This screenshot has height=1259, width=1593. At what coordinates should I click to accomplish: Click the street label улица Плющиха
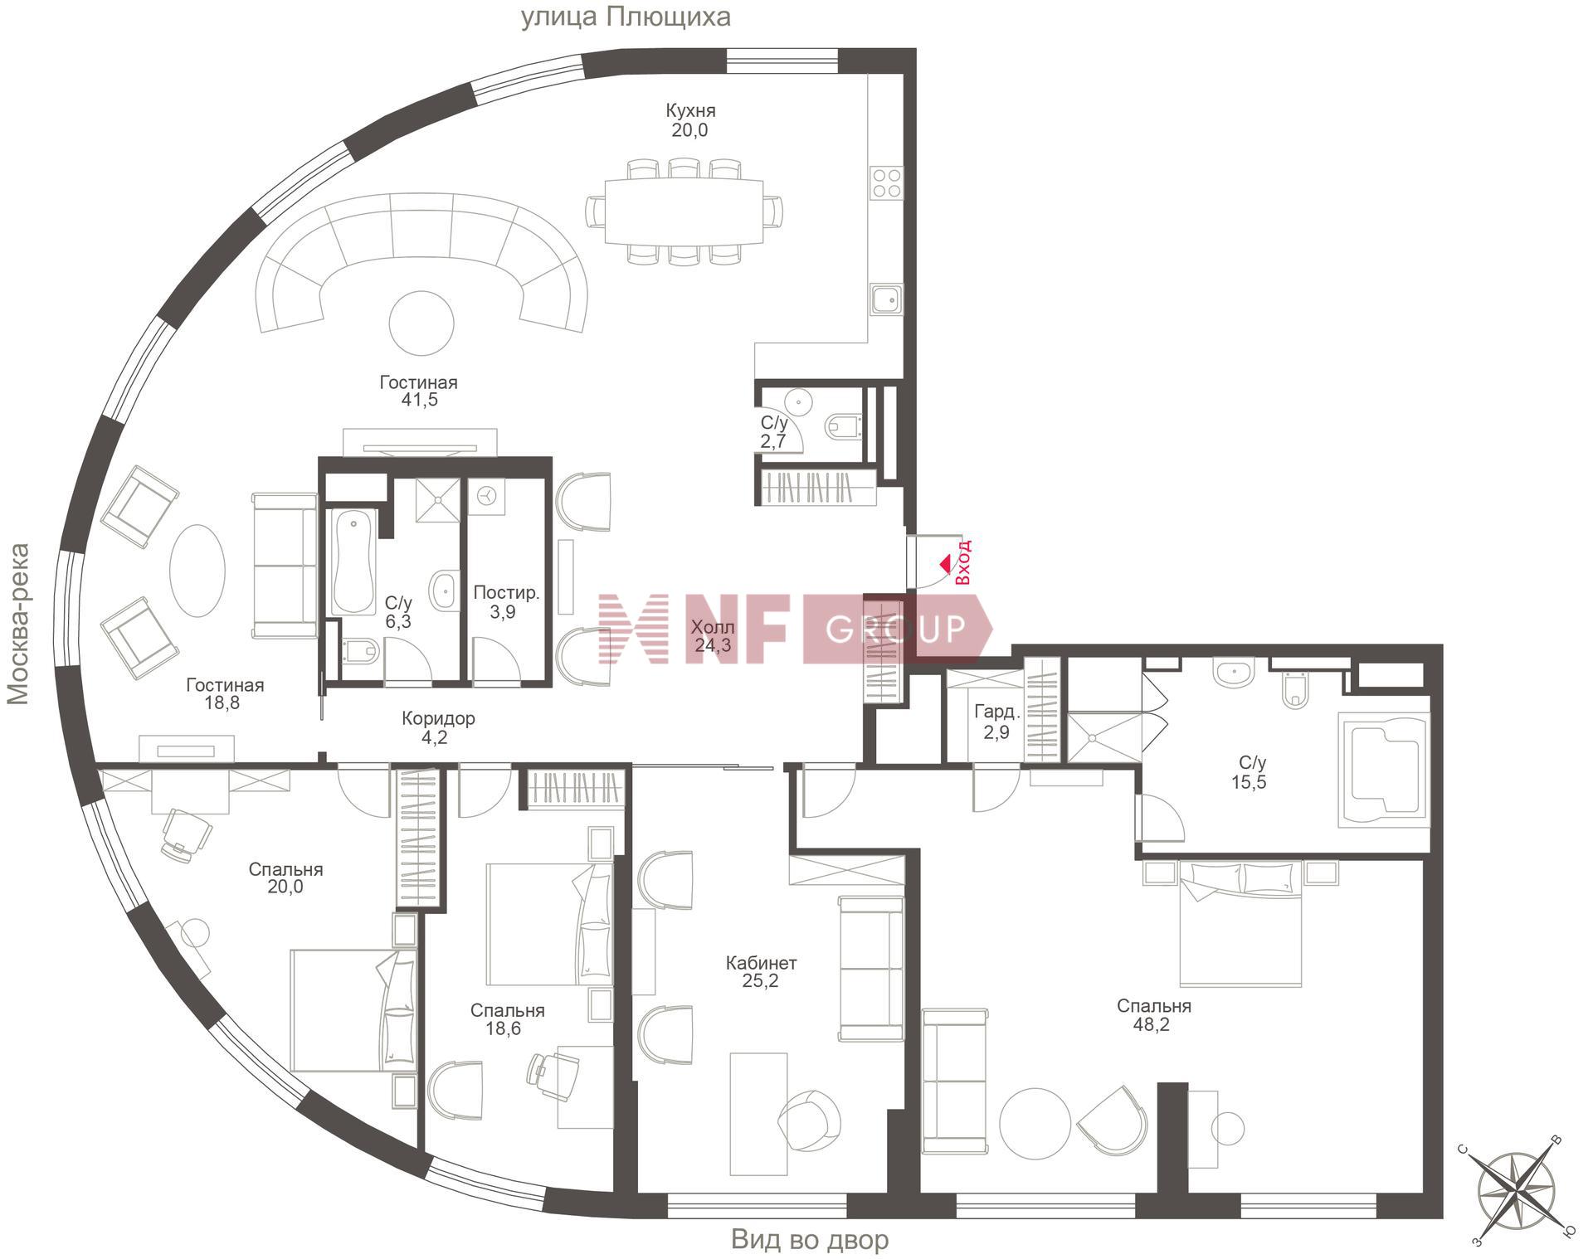pyautogui.click(x=626, y=17)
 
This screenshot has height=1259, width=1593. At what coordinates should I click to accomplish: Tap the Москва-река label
pyautogui.click(x=18, y=624)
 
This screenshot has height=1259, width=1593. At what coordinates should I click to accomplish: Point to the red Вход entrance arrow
pyautogui.click(x=945, y=564)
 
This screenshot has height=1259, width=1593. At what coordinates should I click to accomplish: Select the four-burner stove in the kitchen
pyautogui.click(x=886, y=182)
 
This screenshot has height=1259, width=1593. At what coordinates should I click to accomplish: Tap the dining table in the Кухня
pyautogui.click(x=684, y=211)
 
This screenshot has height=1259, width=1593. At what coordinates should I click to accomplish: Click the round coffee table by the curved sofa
pyautogui.click(x=421, y=324)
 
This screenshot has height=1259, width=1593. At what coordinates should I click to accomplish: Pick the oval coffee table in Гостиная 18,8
pyautogui.click(x=197, y=570)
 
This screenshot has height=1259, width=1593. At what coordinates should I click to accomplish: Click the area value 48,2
pyautogui.click(x=1153, y=1024)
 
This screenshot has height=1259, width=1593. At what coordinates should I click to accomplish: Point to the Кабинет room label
pyautogui.click(x=761, y=963)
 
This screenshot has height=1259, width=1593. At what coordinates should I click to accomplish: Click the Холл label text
pyautogui.click(x=713, y=627)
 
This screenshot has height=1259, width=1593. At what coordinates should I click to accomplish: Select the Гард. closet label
pyautogui.click(x=996, y=712)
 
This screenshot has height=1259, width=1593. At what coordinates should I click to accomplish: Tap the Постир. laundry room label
pyautogui.click(x=506, y=593)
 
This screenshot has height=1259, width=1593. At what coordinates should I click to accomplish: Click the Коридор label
pyautogui.click(x=438, y=718)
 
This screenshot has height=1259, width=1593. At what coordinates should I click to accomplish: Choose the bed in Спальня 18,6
pyautogui.click(x=549, y=924)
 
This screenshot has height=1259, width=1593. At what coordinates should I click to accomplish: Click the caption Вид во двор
pyautogui.click(x=810, y=1240)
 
